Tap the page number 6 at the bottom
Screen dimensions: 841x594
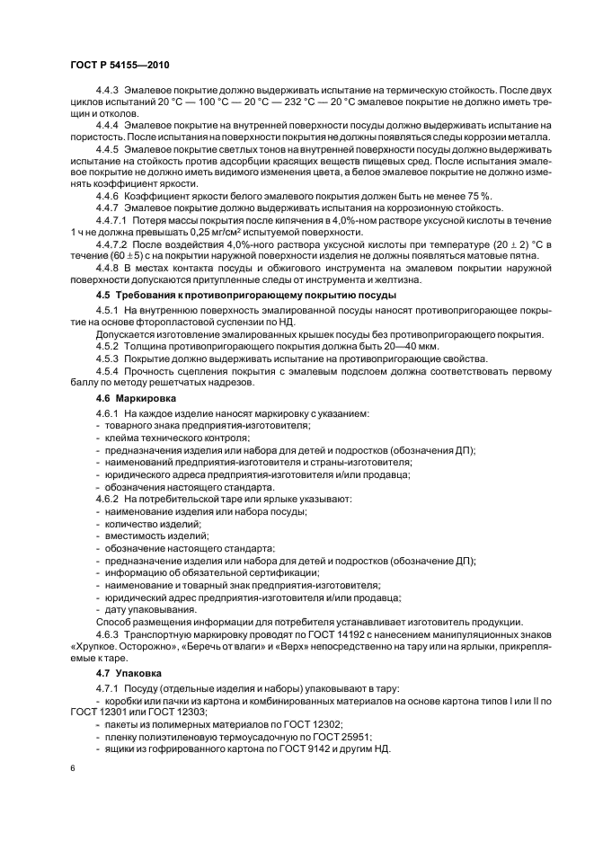pyautogui.click(x=73, y=767)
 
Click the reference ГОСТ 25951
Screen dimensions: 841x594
pyautogui.click(x=357, y=736)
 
